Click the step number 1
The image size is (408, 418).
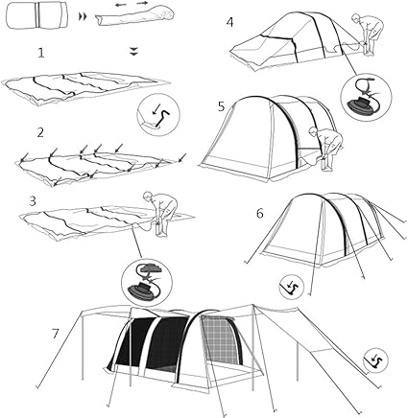pos(41,53)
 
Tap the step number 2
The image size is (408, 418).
pos(40,132)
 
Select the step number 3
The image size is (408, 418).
pos(33,201)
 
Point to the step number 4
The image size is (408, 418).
pos(229,22)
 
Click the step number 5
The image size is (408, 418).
pos(222,106)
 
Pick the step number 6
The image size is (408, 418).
pos(260,214)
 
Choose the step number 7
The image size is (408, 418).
pos(56,334)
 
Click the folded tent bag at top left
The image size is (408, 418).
pos(37,16)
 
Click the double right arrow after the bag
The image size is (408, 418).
pos(83,17)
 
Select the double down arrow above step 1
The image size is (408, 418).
pos(134,52)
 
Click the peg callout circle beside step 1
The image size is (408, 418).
pos(158,114)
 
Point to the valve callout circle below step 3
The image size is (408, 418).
pos(147,280)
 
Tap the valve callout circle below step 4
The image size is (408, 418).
pos(367,97)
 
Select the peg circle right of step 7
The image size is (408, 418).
pos(375,360)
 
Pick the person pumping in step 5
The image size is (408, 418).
pos(327,148)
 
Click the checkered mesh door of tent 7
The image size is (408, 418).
pos(221,339)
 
